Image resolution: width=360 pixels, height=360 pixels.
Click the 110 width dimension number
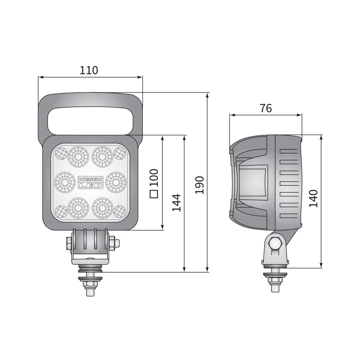pyautogui.click(x=89, y=70)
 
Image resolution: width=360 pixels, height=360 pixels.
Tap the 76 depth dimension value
pyautogui.click(x=266, y=108)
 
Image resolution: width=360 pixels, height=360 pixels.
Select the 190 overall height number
pyautogui.click(x=200, y=184)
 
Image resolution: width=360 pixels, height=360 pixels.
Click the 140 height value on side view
pyautogui.click(x=314, y=198)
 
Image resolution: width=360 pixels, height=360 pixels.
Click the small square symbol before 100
pyautogui.click(x=154, y=194)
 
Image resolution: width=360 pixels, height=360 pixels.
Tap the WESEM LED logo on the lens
pyautogui.click(x=90, y=182)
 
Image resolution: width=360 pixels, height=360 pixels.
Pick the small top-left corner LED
pyautogui.click(x=61, y=152)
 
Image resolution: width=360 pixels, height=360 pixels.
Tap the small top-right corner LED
pyautogui.click(x=120, y=152)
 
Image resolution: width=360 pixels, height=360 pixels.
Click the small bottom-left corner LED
pyautogui.click(x=61, y=211)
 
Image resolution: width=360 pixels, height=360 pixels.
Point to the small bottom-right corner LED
pyautogui.click(x=120, y=211)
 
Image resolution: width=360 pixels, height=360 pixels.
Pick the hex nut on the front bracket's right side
pyautogui.click(x=112, y=242)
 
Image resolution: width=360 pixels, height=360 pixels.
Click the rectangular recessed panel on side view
pyautogui.click(x=253, y=182)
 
